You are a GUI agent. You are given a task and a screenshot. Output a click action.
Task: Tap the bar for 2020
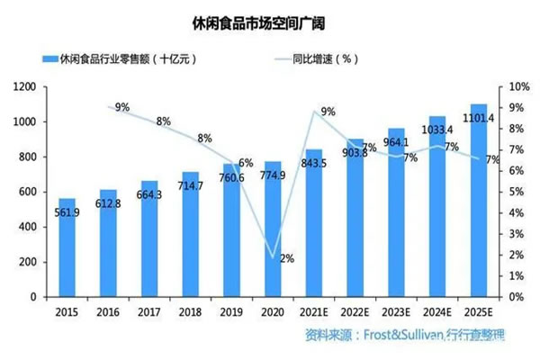click(x=273, y=229)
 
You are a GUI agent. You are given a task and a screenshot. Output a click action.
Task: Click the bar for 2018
click(x=191, y=234)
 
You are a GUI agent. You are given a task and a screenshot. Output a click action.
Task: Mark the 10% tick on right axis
click(x=520, y=86)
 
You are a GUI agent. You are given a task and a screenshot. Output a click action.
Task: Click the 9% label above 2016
click(x=122, y=107)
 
